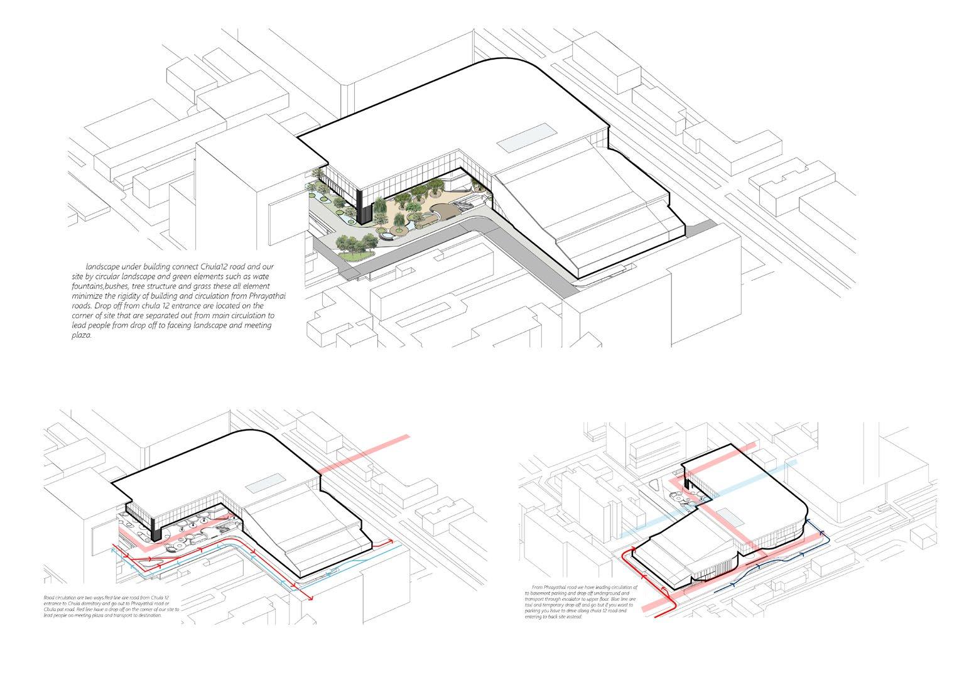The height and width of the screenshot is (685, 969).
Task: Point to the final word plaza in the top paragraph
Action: [82, 335]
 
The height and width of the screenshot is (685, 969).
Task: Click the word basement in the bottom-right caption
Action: [545, 593]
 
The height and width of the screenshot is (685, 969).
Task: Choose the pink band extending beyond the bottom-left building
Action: [364, 453]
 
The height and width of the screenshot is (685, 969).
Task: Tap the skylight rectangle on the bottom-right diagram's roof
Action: [730, 517]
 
